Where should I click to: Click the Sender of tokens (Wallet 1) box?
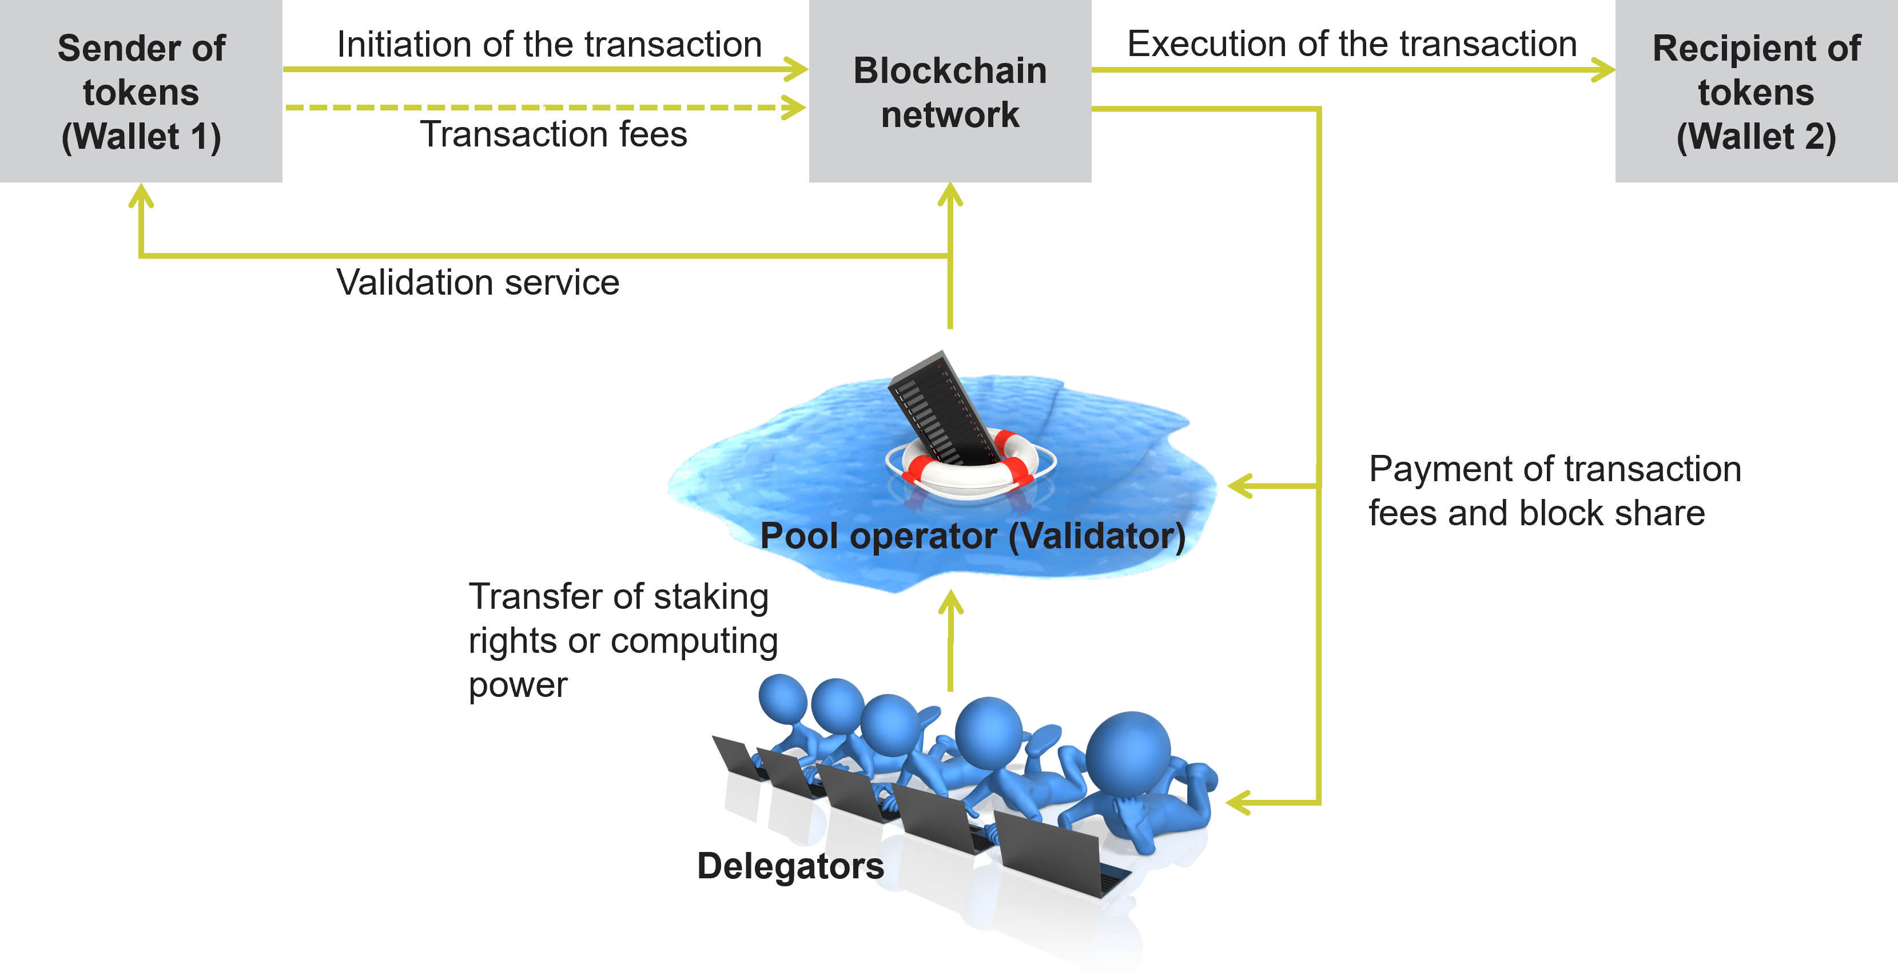141,92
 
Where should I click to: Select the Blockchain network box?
950,92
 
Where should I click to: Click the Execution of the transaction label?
1351,43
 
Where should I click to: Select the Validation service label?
478,282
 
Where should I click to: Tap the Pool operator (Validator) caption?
973,536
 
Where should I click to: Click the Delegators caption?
790,866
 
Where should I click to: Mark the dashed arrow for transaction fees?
545,108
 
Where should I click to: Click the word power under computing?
518,685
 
